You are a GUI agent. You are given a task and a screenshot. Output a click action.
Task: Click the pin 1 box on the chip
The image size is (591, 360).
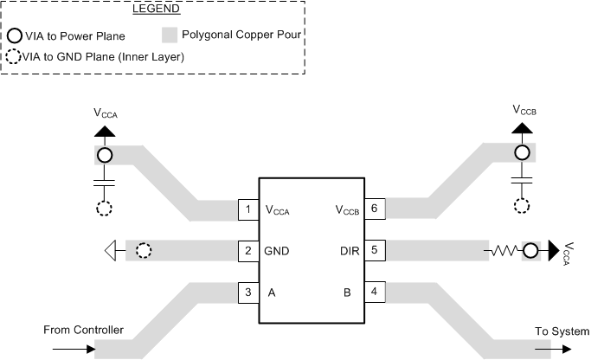249,209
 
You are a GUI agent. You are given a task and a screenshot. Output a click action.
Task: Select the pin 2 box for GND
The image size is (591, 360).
249,251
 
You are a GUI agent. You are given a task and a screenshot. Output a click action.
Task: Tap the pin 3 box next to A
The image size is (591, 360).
249,292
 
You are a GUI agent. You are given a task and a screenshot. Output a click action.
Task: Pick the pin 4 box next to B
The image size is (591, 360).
374,292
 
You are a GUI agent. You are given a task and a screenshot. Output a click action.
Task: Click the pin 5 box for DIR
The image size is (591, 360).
374,251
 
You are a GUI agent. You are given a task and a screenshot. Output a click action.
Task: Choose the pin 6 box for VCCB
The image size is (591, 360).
374,209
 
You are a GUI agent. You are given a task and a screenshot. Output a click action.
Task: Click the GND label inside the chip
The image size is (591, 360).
277,251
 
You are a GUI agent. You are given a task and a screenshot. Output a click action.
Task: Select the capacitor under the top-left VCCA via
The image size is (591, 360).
105,183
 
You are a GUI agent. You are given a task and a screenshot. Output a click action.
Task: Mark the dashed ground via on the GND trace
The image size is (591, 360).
144,251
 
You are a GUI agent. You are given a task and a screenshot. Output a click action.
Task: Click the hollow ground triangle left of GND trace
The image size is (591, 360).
110,251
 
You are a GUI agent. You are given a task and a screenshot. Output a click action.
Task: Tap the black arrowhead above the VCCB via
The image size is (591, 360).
522,128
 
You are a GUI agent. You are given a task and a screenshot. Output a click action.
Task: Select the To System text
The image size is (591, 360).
558,331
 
